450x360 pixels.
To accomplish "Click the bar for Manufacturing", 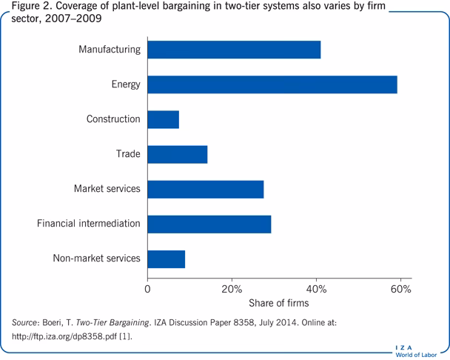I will (x=234, y=50).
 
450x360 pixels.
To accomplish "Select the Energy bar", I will (x=272, y=84).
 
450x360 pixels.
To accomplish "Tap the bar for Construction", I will (x=164, y=119).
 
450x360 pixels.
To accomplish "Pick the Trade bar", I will (x=178, y=154).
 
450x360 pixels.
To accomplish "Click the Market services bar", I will (x=206, y=189).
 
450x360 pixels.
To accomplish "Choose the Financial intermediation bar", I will (x=209, y=224).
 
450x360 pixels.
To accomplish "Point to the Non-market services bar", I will (x=167, y=259).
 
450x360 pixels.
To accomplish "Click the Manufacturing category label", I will (x=110, y=50).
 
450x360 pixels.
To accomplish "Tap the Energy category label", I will (x=125, y=84).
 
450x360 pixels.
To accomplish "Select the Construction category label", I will (x=113, y=119).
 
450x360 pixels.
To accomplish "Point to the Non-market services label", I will (x=96, y=259).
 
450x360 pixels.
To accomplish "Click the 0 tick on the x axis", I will (x=148, y=288).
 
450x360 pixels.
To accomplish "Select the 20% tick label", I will (x=232, y=288).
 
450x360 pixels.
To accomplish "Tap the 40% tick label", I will (x=317, y=288).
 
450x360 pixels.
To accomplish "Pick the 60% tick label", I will (x=401, y=288).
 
